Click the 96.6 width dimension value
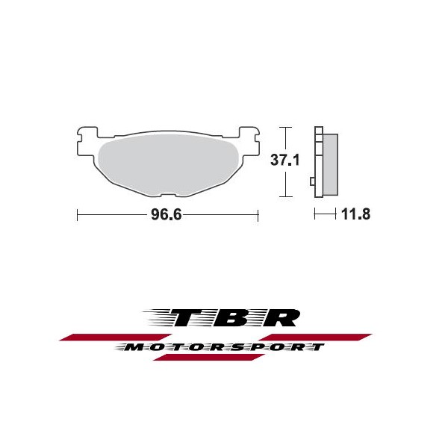click(x=166, y=214)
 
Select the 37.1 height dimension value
click(x=285, y=160)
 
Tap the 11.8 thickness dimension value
click(x=355, y=214)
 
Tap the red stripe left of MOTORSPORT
click(x=116, y=337)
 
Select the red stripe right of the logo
click(x=315, y=337)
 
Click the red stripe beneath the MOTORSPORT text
click(x=209, y=357)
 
